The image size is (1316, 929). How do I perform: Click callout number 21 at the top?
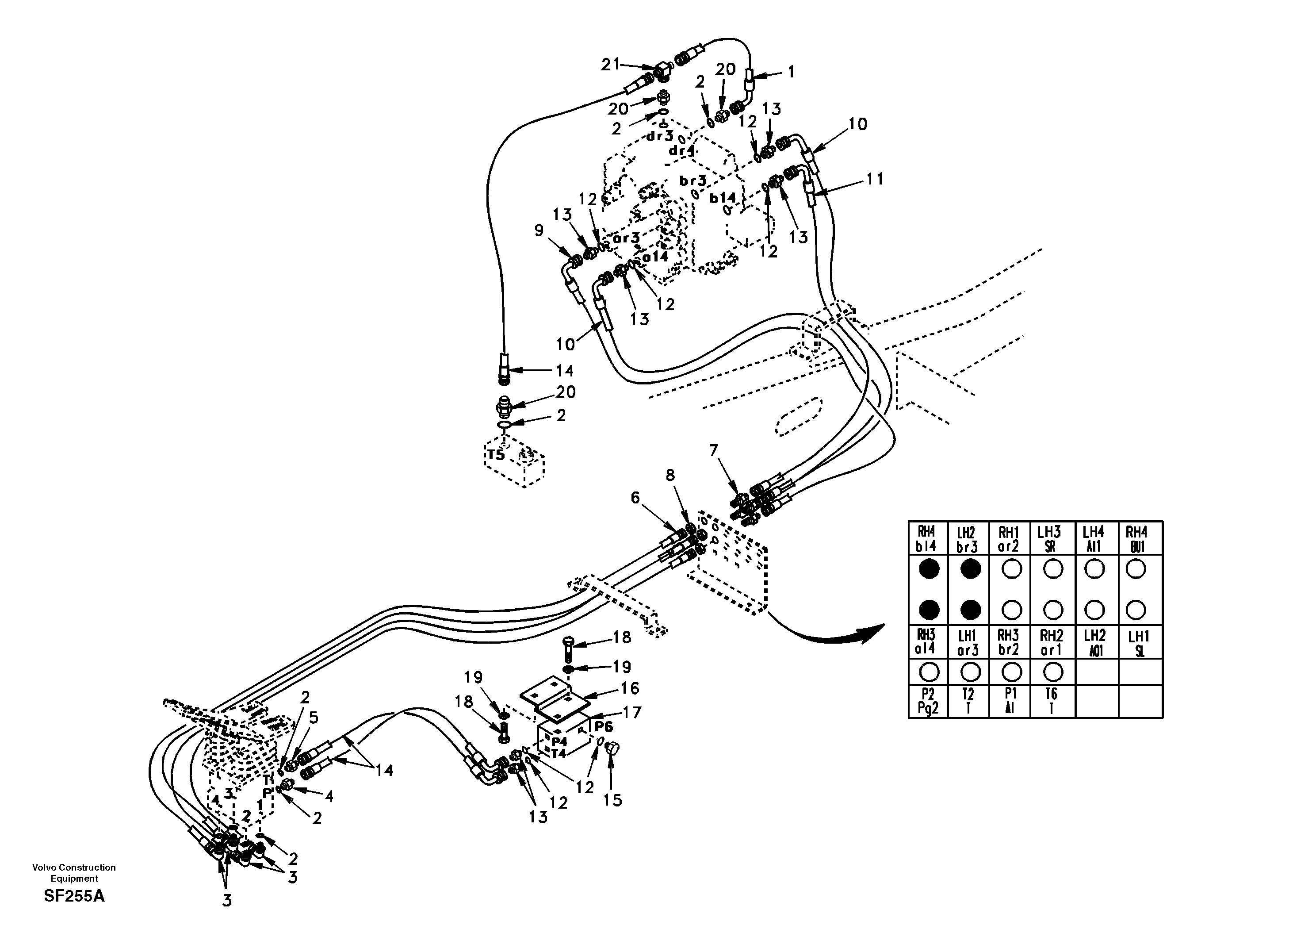coord(610,64)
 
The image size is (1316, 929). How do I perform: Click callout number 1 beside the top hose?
coord(791,72)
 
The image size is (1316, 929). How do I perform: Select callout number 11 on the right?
coord(875,180)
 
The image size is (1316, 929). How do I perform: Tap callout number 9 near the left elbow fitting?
coord(539,230)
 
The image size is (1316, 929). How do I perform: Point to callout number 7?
coord(714,451)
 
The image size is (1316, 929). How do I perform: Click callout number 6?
coord(635,498)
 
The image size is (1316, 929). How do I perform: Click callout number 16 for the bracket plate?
coord(630,688)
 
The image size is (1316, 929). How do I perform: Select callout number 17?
coord(632,712)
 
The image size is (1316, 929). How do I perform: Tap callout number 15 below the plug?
coord(613,800)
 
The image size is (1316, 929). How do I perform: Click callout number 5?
coord(314,718)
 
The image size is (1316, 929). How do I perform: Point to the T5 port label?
coord(496,455)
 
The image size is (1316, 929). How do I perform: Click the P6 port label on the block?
coord(604,726)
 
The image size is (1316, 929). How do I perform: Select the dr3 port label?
coord(660,137)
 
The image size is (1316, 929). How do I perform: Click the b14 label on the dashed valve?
coord(722,198)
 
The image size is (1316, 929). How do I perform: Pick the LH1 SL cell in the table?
coord(1140,643)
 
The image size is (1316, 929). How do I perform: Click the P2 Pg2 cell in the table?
coord(928,701)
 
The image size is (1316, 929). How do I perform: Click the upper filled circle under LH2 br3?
coord(970,569)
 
